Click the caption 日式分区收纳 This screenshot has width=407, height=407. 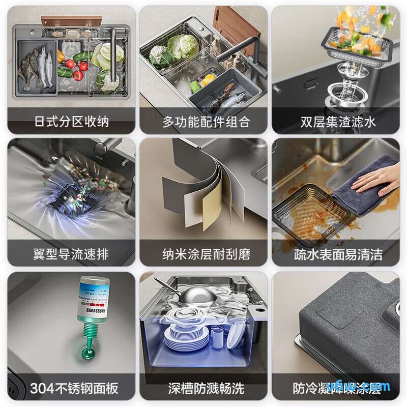click(71, 122)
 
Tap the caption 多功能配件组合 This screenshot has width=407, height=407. click(203, 122)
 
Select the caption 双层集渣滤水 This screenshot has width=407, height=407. click(337, 122)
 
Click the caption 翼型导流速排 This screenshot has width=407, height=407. click(71, 254)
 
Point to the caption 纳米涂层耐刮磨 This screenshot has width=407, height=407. click(203, 254)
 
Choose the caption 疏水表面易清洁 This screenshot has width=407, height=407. click(337, 254)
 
